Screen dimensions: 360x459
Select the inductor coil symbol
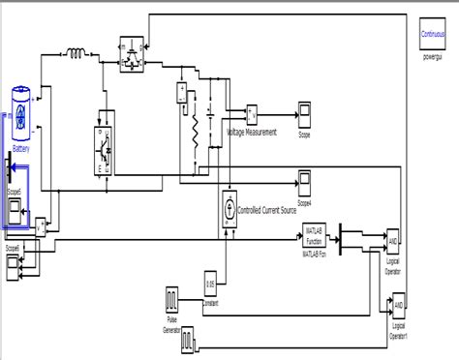74,52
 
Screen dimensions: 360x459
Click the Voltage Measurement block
252,113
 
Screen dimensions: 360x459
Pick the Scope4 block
304,181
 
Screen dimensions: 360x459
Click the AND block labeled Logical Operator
393,239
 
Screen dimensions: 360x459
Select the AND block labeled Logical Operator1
398,308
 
